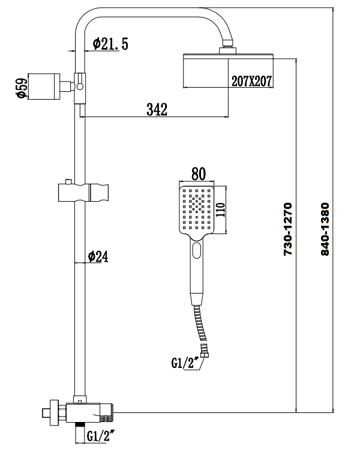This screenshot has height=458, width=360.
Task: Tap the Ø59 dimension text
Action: [20, 87]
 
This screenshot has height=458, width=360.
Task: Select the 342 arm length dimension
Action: [157, 109]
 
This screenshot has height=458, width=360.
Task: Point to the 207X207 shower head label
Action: [253, 82]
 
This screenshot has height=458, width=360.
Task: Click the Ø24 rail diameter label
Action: [98, 256]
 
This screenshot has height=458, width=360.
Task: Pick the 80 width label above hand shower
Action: [198, 174]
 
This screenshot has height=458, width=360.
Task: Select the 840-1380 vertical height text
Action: [326, 230]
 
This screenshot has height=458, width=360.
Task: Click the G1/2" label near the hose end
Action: [184, 363]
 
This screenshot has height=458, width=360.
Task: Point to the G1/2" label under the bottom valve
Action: [101, 435]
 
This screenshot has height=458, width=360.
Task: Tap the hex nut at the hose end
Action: [205, 355]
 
